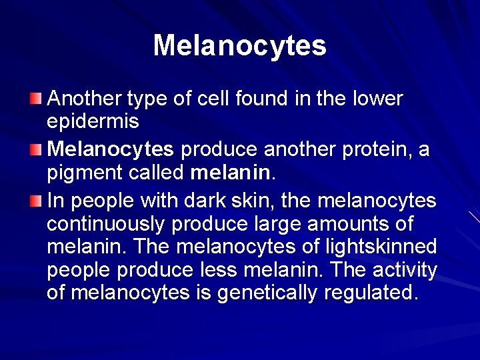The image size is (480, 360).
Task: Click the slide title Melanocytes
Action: coord(240,46)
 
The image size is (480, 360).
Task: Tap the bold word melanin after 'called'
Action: coord(230,173)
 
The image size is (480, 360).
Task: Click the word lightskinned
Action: coord(380,247)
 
